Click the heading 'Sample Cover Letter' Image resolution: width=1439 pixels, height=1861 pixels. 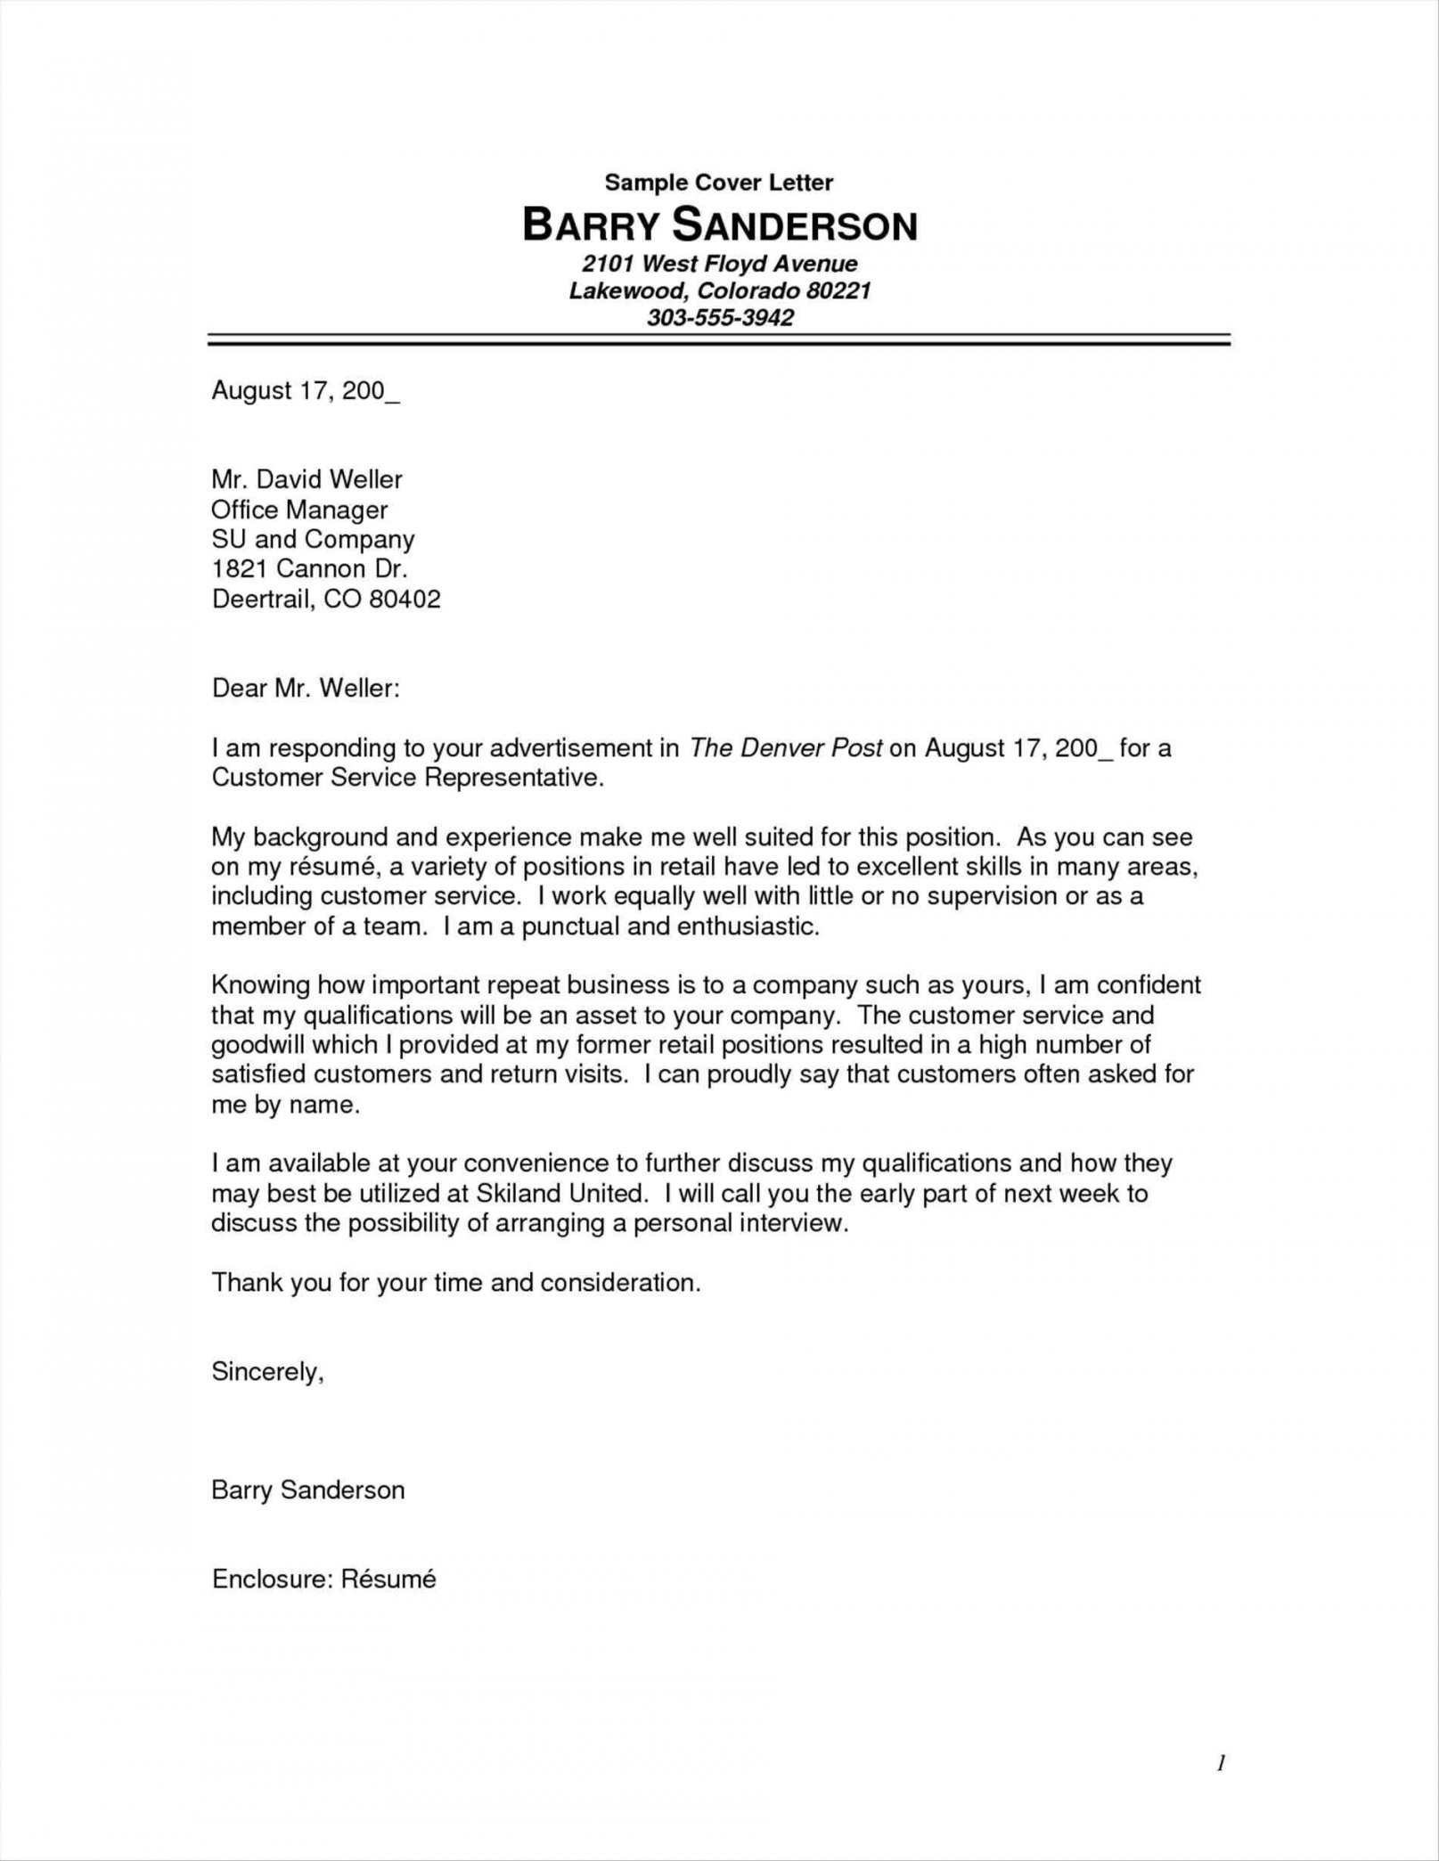(x=718, y=183)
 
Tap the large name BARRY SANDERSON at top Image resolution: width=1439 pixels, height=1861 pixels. (x=718, y=226)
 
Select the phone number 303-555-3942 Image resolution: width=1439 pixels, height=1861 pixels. (x=719, y=317)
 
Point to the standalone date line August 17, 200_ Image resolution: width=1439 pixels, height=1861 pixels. (x=305, y=391)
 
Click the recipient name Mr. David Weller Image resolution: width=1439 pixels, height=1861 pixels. (x=307, y=479)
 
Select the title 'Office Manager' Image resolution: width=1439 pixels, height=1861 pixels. (x=299, y=510)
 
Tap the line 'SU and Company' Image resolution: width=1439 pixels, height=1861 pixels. (x=313, y=539)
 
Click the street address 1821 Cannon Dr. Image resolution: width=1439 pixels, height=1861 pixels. (x=309, y=568)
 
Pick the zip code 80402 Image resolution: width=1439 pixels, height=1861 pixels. (x=405, y=599)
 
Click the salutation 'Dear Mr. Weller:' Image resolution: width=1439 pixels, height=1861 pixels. (x=306, y=688)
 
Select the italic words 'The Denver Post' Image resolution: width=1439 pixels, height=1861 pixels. (x=786, y=747)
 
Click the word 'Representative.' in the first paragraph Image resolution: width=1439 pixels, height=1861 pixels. (x=514, y=778)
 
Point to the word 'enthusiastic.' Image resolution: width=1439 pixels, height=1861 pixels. (x=748, y=926)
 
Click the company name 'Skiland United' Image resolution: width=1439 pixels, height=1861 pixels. (x=560, y=1193)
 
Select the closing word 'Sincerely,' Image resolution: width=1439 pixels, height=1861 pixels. (x=267, y=1372)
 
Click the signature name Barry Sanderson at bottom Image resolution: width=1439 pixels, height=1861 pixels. (x=307, y=1490)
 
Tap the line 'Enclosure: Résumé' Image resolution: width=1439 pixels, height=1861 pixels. (x=323, y=1579)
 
